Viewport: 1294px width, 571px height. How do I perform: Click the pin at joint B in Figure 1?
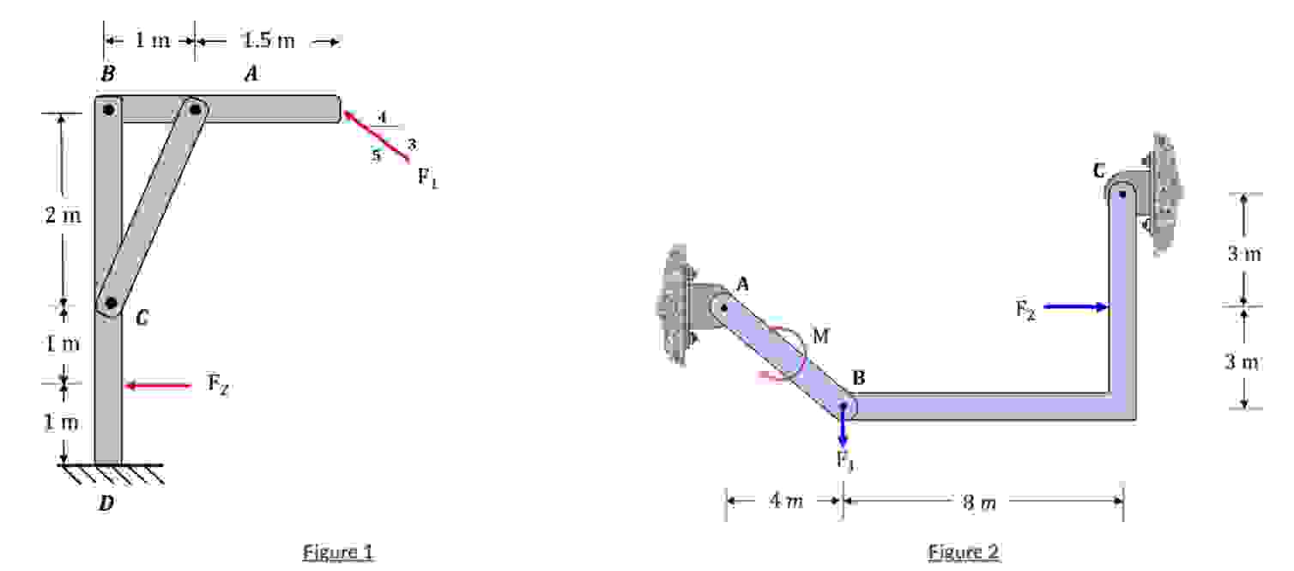[108, 110]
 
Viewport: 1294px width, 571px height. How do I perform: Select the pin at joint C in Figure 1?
[110, 302]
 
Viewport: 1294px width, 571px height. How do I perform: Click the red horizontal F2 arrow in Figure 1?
[159, 386]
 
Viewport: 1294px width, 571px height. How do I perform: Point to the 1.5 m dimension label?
[269, 40]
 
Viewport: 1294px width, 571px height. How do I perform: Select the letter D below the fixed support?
[106, 504]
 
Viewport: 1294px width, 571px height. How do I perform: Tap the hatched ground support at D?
[112, 473]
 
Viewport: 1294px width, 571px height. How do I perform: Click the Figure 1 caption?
[338, 552]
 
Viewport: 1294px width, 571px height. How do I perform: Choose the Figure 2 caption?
[964, 552]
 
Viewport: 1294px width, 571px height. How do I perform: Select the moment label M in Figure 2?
[820, 336]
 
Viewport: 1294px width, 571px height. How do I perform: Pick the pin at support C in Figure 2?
[1122, 193]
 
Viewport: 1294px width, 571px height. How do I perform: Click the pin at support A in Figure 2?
[725, 307]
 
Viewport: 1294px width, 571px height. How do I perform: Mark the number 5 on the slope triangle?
[376, 155]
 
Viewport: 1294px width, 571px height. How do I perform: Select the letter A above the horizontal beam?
[251, 76]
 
